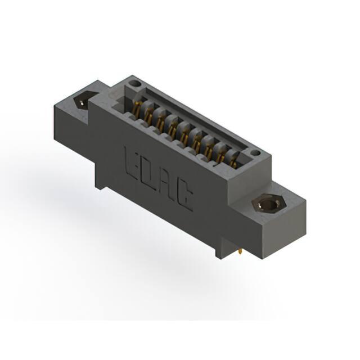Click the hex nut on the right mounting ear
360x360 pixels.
click(x=269, y=204)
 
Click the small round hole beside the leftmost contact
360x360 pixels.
click(x=135, y=84)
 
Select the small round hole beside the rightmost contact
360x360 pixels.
click(x=255, y=152)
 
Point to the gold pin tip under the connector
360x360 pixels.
click(x=240, y=252)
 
